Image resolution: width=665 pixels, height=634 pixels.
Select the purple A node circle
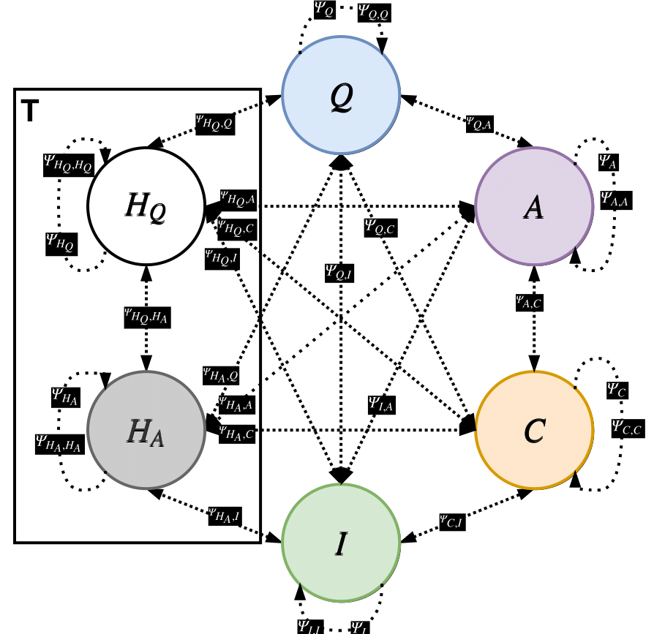[x=534, y=208]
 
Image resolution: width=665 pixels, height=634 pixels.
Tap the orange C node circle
[x=534, y=431]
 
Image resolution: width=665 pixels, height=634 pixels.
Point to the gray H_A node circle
[x=146, y=431]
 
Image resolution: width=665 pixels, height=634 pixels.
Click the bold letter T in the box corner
[x=30, y=110]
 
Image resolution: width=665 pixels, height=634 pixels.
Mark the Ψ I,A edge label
[x=385, y=401]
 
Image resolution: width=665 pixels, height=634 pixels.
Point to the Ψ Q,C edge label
[x=380, y=227]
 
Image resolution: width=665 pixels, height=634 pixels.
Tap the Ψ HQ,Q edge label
[x=215, y=123]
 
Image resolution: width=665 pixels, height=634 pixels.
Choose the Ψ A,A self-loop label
[x=615, y=198]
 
